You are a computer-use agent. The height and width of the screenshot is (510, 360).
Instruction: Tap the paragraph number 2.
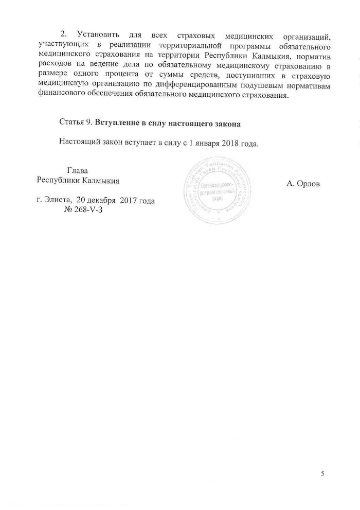(64, 34)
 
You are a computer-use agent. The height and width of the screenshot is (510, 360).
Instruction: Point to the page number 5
(323, 474)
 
